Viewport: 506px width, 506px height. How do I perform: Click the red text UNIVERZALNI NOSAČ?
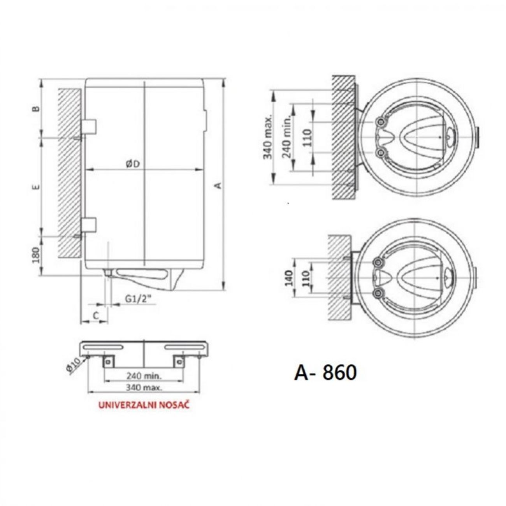(144, 413)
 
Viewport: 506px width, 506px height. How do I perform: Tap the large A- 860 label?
(326, 373)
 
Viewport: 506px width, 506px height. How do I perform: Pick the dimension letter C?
(96, 316)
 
